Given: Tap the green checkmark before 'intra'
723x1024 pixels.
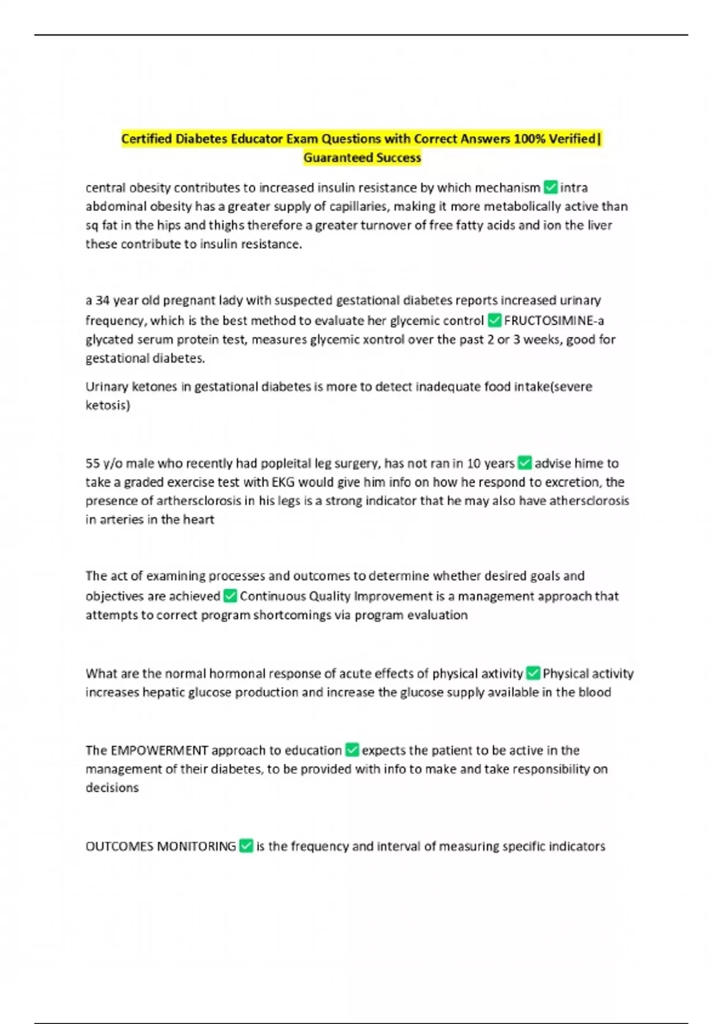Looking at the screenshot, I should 550,187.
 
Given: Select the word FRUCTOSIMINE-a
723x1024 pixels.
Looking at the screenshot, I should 554,320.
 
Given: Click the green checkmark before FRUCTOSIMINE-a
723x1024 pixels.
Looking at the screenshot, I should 494,320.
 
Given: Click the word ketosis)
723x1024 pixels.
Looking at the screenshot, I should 108,405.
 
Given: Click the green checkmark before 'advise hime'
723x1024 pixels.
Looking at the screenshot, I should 525,463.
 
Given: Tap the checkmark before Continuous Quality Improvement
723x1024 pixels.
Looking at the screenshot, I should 230,596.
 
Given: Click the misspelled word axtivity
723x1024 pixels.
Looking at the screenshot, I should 498,673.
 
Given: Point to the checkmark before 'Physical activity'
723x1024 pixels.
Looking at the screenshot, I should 533,673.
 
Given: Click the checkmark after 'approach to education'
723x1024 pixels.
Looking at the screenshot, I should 352,751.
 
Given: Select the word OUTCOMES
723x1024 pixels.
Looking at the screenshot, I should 119,846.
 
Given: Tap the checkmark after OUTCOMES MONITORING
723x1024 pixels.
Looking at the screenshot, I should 246,846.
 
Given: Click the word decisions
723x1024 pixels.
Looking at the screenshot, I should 112,788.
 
